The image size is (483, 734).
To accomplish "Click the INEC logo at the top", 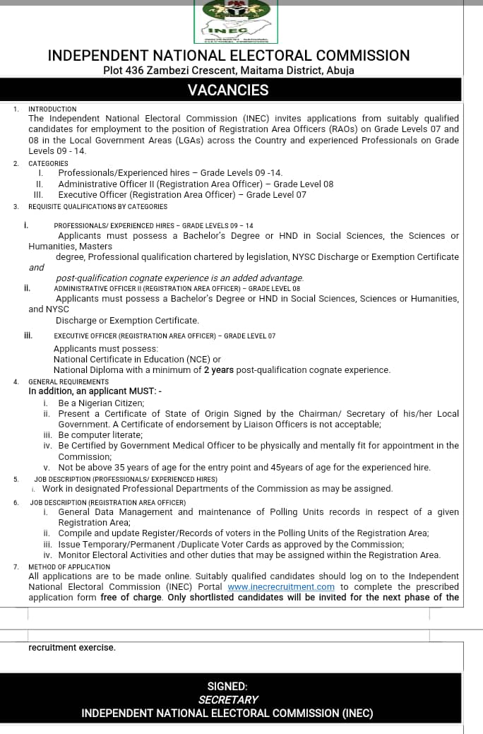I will point(237,20).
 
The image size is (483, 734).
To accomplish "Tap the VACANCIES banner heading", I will point(228,90).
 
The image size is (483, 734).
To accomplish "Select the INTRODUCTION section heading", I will point(52,109).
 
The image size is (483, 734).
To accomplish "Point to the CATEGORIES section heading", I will point(48,163).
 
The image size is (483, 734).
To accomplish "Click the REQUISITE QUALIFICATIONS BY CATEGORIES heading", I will point(97,207).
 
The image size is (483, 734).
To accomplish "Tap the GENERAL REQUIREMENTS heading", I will point(68,382).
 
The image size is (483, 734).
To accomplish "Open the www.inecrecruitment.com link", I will point(281,587).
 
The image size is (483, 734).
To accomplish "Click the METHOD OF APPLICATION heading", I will point(69,567).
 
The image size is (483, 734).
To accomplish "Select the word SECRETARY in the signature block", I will point(228,699).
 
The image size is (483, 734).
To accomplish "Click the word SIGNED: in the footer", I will point(227,686).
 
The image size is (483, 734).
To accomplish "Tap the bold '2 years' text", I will point(221,370).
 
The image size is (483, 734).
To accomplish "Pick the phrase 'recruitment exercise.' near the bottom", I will point(71,647).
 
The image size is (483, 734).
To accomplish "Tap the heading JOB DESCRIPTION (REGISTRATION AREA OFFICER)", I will point(107,502).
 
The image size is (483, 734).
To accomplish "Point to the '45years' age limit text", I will point(334,468).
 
